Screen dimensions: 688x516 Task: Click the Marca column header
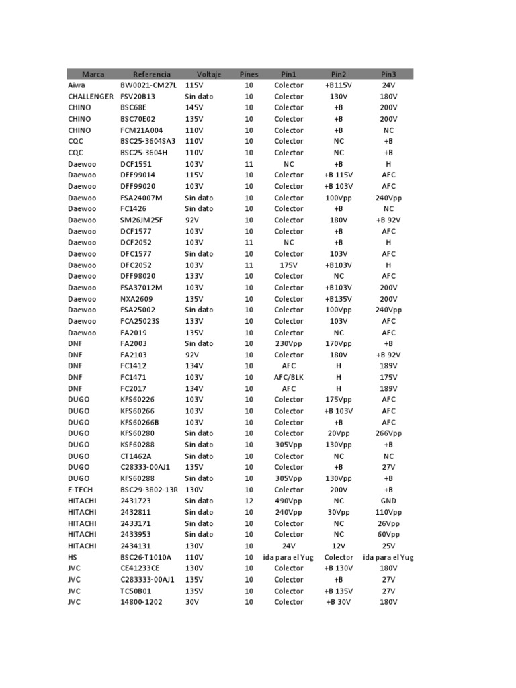tap(93, 74)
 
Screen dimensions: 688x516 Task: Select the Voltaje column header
tap(208, 74)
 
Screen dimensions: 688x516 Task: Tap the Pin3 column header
tap(388, 74)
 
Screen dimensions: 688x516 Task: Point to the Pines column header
tap(249, 74)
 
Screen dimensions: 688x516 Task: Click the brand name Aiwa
tap(77, 85)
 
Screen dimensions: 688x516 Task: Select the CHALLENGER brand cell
tap(91, 97)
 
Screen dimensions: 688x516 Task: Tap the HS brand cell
tap(73, 557)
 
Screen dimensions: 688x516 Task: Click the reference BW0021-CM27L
tap(147, 85)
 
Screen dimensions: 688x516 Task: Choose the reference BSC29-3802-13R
tap(149, 490)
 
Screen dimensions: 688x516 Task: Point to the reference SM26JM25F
tap(141, 220)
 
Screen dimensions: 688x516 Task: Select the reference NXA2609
tap(137, 298)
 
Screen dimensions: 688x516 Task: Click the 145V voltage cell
tap(194, 107)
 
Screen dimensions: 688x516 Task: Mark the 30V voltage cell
tap(192, 602)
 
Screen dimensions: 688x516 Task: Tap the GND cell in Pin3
tap(388, 501)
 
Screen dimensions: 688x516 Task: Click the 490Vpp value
tap(289, 501)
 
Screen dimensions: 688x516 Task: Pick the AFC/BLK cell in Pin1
tap(289, 377)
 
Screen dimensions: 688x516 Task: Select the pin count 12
tap(249, 501)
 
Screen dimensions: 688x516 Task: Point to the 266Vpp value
tap(388, 433)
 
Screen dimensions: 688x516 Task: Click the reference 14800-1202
tap(142, 602)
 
